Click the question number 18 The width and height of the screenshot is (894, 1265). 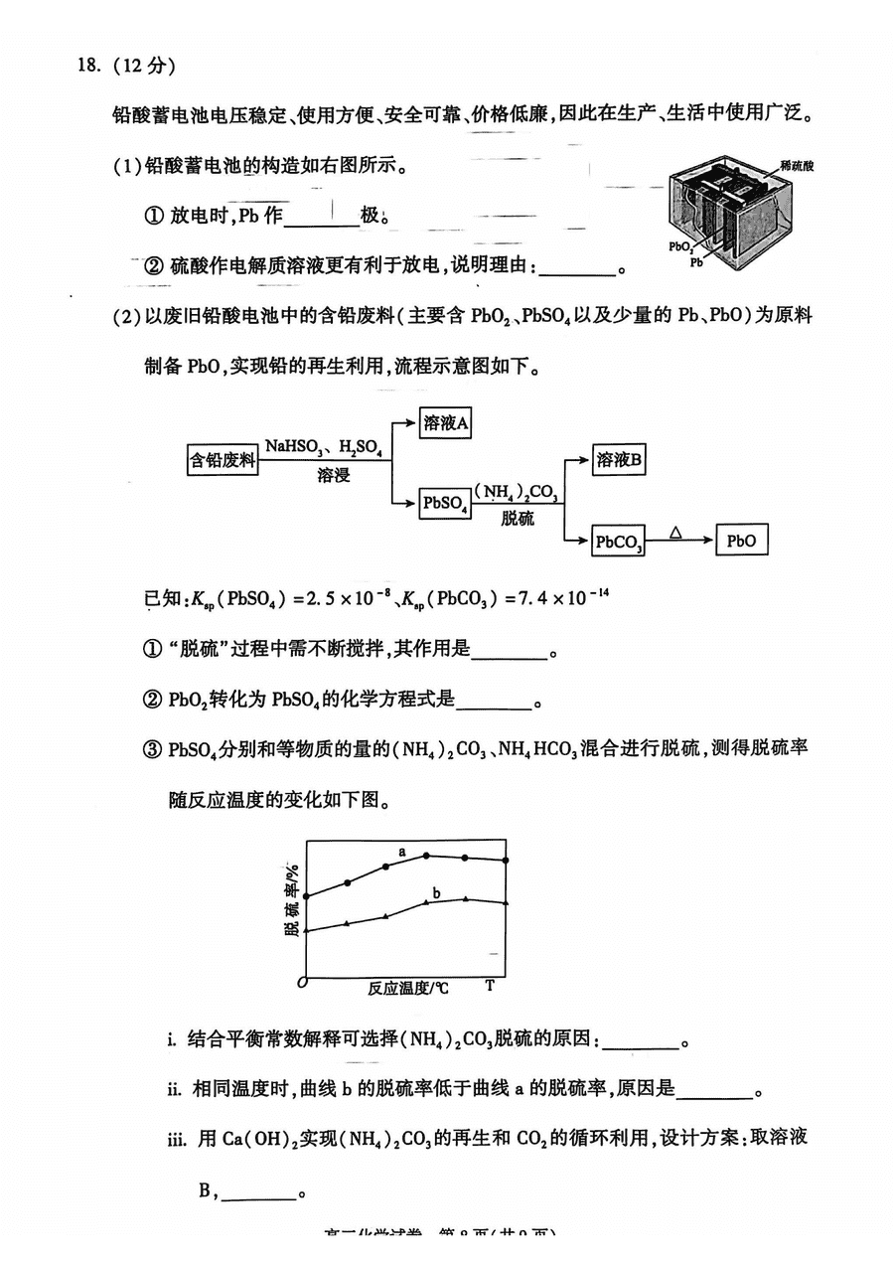[x=88, y=67]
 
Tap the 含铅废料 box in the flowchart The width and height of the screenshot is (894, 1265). [x=223, y=459]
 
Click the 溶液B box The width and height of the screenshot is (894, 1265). [x=620, y=459]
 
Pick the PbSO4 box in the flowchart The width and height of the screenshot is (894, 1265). [x=445, y=503]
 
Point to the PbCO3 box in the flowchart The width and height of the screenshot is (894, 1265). [x=619, y=542]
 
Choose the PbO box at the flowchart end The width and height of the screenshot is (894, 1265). [x=741, y=542]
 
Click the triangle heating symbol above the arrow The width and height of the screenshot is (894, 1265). [x=675, y=533]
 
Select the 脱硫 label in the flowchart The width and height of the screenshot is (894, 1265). [x=518, y=519]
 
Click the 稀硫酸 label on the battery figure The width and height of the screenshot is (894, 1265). [x=797, y=165]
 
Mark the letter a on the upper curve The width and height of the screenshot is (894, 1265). [x=402, y=852]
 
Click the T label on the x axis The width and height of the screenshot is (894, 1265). [x=490, y=986]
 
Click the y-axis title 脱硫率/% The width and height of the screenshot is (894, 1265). [x=292, y=899]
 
